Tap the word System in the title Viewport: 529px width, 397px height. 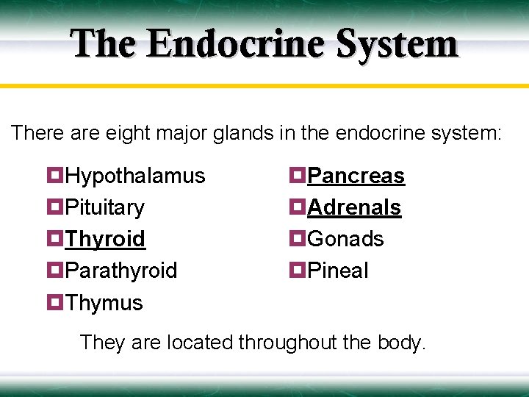tap(397, 43)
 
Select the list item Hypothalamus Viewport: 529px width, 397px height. tap(135, 176)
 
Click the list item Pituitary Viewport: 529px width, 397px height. tap(105, 207)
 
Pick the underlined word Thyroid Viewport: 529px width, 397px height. tap(105, 239)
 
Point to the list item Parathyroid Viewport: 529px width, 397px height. tap(121, 271)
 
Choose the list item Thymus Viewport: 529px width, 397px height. tap(104, 303)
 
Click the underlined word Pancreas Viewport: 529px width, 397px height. tap(356, 176)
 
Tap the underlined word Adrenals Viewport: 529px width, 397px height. tap(354, 207)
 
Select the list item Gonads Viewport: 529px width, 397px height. tap(345, 239)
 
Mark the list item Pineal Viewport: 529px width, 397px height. tap(338, 271)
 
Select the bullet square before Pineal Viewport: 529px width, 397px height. tap(297, 271)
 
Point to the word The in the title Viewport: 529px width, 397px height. tap(104, 43)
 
